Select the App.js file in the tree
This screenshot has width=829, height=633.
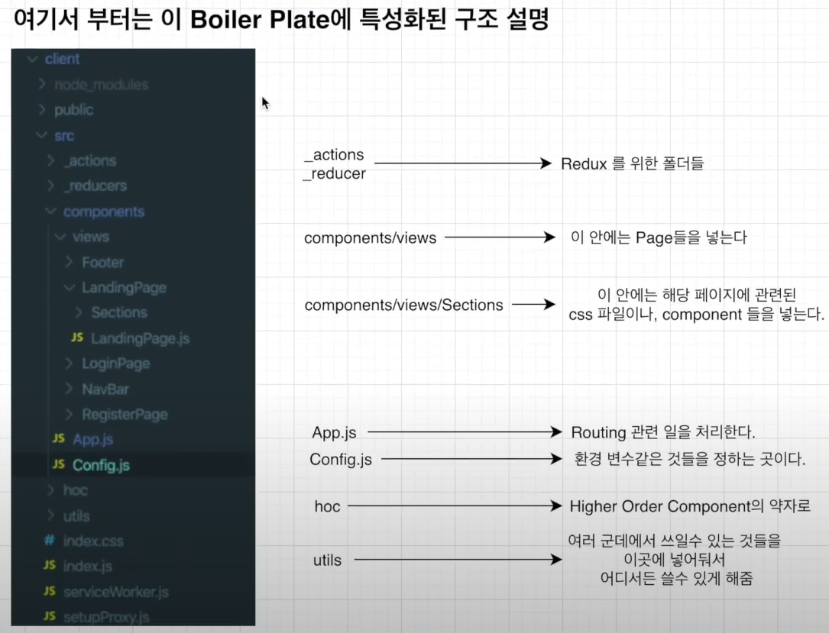[x=92, y=439]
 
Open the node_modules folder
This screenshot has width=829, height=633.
[x=101, y=85]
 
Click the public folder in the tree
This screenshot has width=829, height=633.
[x=73, y=110]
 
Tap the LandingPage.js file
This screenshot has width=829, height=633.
[x=140, y=337]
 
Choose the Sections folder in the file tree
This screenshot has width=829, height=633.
[x=118, y=312]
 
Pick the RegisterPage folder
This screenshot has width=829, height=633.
[x=125, y=414]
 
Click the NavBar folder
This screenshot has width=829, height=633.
[x=105, y=389]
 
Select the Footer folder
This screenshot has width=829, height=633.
[x=102, y=262]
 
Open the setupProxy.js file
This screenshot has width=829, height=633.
[x=105, y=616]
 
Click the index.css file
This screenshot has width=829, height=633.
[x=93, y=541]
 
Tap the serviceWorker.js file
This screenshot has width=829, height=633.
[x=115, y=591]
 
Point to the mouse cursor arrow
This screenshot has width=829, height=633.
[x=265, y=103]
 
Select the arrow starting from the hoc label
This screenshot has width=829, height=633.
[x=450, y=505]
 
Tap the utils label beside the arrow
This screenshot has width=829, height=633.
[x=327, y=560]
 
